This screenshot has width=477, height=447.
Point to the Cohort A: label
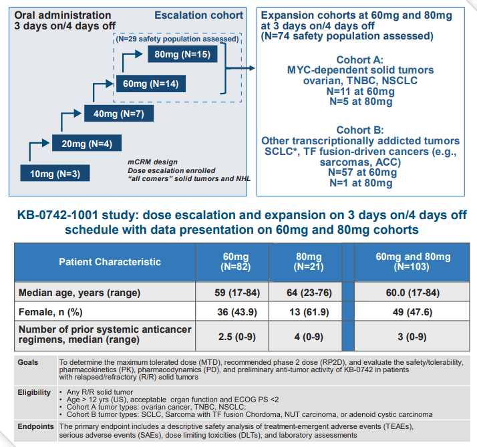(x=360, y=59)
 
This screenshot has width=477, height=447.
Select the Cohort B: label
(x=360, y=130)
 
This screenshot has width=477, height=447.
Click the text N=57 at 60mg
(x=360, y=172)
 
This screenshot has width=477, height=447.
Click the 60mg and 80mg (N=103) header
(x=412, y=262)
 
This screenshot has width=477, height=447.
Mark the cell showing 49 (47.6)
(x=412, y=313)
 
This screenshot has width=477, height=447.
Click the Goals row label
(x=28, y=361)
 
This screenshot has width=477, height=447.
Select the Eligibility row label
(x=33, y=392)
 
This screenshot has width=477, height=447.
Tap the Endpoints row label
(x=35, y=426)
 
